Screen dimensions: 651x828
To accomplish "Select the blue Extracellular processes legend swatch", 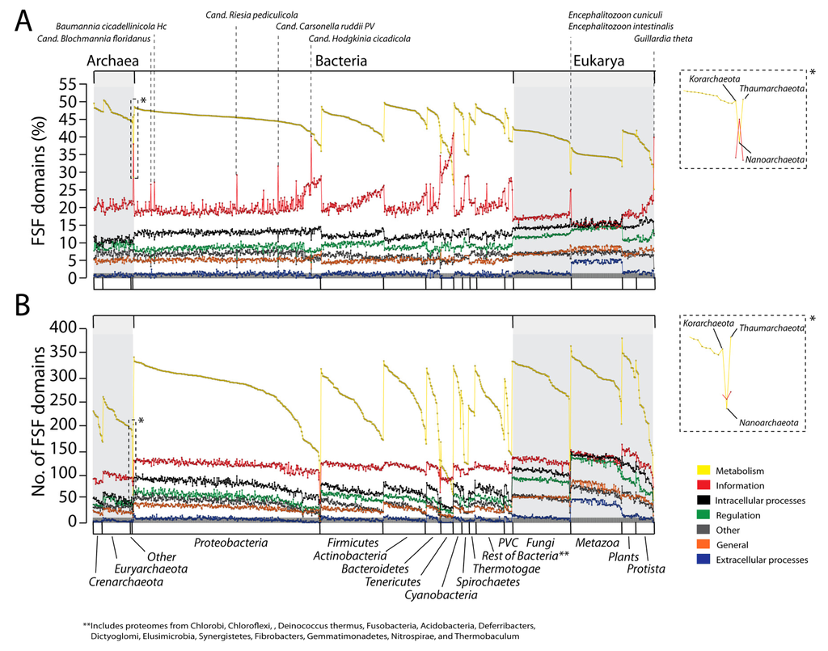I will click(x=703, y=560).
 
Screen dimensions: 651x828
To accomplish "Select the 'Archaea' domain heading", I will click(x=112, y=61).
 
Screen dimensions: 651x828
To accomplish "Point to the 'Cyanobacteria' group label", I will click(x=441, y=595).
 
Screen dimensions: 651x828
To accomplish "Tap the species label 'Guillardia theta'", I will click(x=662, y=38).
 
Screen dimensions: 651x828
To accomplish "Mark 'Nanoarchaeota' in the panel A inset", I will click(x=774, y=161).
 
